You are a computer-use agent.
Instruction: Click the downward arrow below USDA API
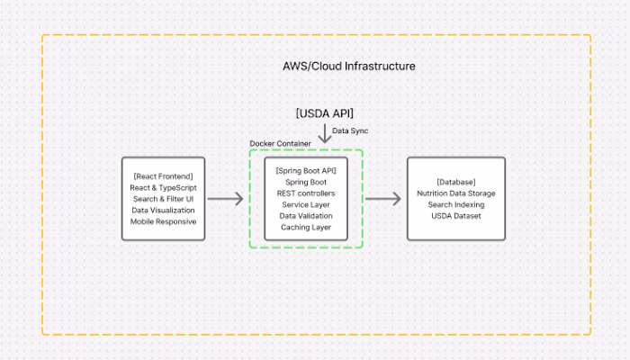[325, 133]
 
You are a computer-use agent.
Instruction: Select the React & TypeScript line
[163, 186]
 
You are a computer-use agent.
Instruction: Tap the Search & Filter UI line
[163, 198]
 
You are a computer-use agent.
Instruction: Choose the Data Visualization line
[163, 210]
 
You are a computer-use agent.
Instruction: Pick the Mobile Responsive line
[163, 221]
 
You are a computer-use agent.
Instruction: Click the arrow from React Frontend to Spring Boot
[225, 199]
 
